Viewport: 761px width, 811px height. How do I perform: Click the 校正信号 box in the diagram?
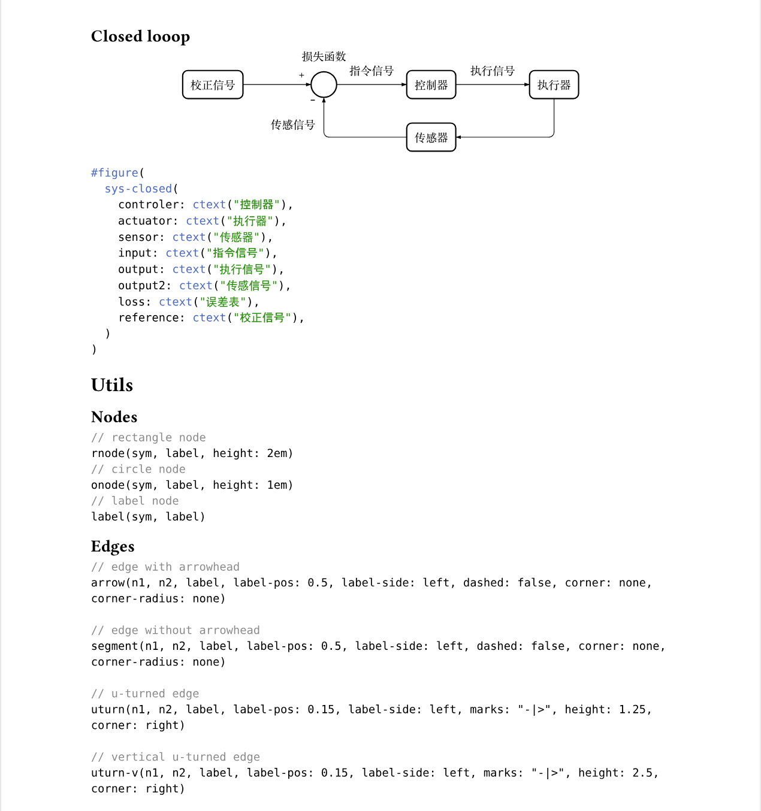(x=213, y=85)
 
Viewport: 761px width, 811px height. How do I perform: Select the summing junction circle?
(x=324, y=84)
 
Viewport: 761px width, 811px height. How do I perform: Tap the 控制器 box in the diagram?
(x=431, y=85)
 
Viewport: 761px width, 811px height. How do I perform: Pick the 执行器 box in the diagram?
(x=554, y=85)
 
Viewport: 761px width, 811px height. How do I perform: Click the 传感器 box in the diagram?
(x=431, y=138)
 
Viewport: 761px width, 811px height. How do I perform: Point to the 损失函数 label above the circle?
(x=324, y=57)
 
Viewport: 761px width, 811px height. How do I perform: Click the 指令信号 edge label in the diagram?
(x=372, y=71)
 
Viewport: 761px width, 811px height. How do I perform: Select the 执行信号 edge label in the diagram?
(x=493, y=71)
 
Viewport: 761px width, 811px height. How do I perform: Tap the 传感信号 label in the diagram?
(x=292, y=125)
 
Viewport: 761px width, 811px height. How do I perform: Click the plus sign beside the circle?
(x=301, y=75)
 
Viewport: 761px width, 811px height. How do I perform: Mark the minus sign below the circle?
(x=313, y=101)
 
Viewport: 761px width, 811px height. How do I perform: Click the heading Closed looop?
(x=140, y=37)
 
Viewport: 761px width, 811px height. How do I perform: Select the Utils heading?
(x=112, y=385)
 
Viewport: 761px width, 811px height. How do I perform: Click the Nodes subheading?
(x=114, y=417)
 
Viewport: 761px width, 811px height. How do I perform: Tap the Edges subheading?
(x=113, y=546)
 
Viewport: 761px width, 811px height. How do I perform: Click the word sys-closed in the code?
(x=138, y=189)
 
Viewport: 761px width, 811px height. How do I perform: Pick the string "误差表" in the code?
(x=222, y=302)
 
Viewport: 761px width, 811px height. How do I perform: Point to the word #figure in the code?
(x=114, y=173)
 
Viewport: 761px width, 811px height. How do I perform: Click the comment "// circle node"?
(x=138, y=469)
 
